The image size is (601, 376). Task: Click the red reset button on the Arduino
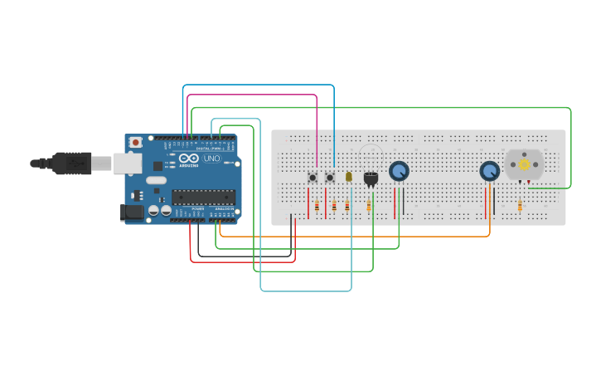click(136, 143)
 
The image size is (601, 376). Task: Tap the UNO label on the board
click(212, 159)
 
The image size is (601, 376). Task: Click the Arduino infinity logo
click(189, 159)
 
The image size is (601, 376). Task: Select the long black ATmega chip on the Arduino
click(203, 197)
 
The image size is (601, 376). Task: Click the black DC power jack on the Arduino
click(131, 212)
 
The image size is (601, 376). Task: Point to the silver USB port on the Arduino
click(127, 164)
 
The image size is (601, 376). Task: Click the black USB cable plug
click(70, 163)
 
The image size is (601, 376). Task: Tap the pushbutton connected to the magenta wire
click(313, 177)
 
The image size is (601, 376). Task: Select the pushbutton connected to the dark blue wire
click(330, 177)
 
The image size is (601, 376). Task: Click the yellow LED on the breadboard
click(349, 177)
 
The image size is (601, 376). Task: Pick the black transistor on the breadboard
click(371, 178)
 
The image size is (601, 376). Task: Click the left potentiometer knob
click(399, 170)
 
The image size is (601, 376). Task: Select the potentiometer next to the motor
click(490, 171)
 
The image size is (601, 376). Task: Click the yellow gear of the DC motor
click(524, 164)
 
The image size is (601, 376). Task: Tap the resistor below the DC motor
click(520, 206)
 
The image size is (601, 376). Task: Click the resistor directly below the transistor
click(369, 206)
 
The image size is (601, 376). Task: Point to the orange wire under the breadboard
click(356, 237)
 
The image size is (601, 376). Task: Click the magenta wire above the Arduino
click(249, 95)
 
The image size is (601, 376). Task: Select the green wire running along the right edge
click(571, 149)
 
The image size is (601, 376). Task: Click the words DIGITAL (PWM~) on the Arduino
click(208, 149)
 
